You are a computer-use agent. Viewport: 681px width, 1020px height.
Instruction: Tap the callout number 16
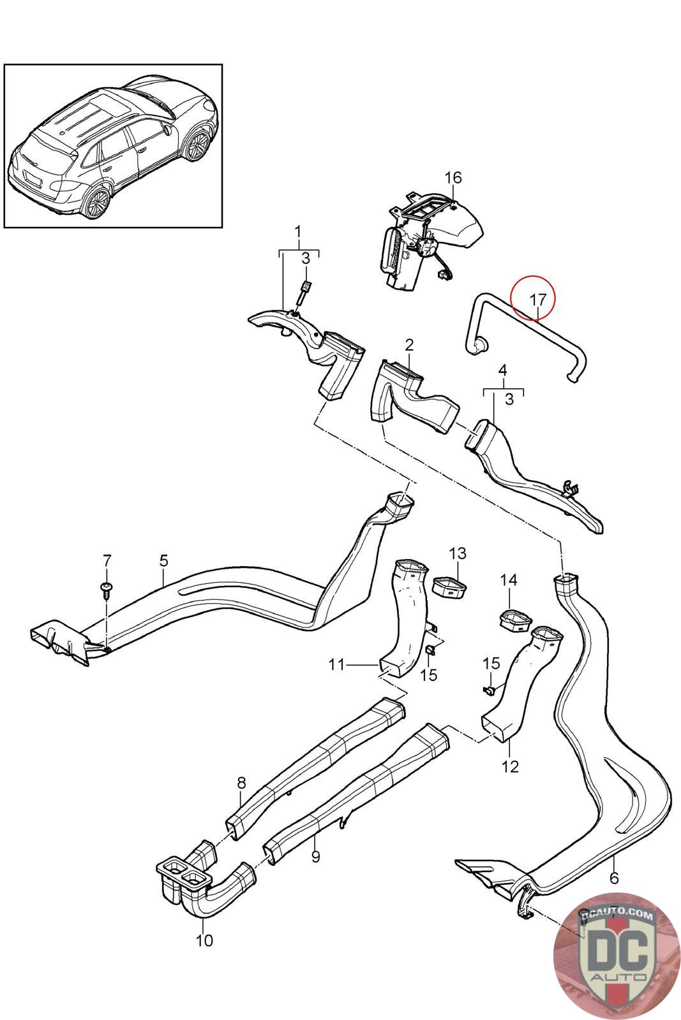[453, 177]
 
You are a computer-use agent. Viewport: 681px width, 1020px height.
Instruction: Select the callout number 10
[204, 940]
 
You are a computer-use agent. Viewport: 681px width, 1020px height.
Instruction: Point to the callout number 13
[458, 553]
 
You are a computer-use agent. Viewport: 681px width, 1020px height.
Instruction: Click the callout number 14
[509, 580]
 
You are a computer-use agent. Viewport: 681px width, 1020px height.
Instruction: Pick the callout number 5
[164, 560]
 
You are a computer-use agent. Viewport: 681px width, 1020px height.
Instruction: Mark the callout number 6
[614, 878]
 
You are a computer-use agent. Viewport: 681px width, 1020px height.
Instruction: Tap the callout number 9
[315, 857]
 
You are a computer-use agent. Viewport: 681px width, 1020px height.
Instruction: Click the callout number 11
[337, 665]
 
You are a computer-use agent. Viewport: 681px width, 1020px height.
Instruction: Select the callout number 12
[511, 766]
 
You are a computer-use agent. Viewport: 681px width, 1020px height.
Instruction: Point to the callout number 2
[409, 345]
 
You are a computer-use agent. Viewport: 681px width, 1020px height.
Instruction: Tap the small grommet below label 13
[449, 587]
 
